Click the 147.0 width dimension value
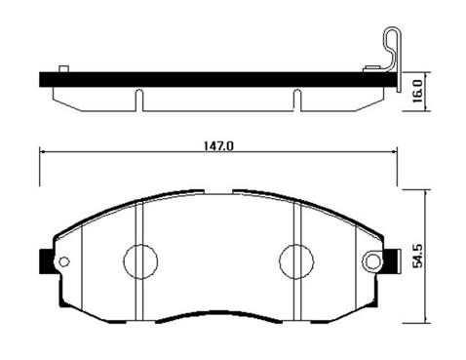coord(218,145)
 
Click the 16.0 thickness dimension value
coord(417,92)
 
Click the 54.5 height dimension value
coord(417,257)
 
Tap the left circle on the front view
coord(140,261)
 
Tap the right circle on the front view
coord(296,261)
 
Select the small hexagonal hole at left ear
coord(63,261)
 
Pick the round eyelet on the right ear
coord(372,261)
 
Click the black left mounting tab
coord(47,261)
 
